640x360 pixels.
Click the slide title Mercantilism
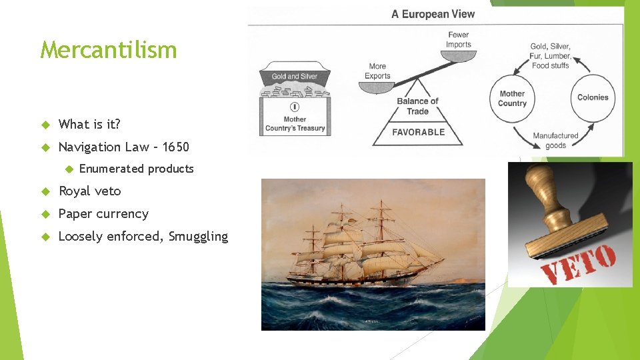(x=108, y=49)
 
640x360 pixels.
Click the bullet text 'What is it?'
(x=89, y=124)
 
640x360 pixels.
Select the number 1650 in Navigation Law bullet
(x=175, y=147)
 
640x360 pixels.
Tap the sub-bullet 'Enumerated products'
(x=136, y=169)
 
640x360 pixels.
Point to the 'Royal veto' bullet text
(x=90, y=191)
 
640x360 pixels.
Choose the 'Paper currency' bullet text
(x=103, y=214)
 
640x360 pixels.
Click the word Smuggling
(x=198, y=236)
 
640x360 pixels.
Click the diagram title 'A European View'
(x=433, y=14)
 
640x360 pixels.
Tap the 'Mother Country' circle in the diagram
(x=512, y=98)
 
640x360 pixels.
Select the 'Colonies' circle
(x=592, y=97)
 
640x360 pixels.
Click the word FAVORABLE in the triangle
(x=418, y=132)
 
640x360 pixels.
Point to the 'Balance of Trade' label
(x=417, y=106)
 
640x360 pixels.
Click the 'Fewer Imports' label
(x=459, y=40)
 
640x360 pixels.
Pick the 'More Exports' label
(x=377, y=71)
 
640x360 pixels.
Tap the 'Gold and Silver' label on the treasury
(x=295, y=77)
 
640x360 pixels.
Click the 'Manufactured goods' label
(x=555, y=141)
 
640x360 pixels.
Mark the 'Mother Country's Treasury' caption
(x=295, y=124)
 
